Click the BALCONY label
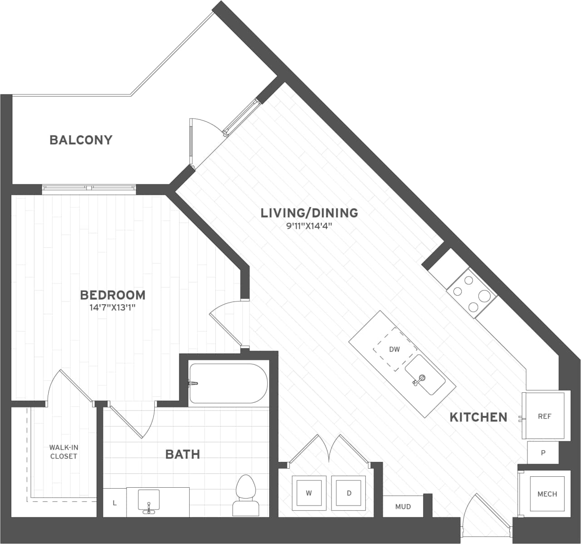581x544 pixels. (81, 140)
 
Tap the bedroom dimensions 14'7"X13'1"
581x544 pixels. (113, 308)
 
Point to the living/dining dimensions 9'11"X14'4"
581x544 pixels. (309, 226)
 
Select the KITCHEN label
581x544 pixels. (478, 417)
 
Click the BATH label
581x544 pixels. (182, 454)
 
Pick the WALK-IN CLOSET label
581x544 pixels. (64, 452)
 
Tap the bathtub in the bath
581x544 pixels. (228, 383)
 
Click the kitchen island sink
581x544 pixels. (425, 375)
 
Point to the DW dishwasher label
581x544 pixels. (394, 349)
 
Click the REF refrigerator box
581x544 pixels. (544, 416)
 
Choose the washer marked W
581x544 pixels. (309, 493)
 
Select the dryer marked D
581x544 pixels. (349, 493)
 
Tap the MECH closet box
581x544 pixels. (547, 494)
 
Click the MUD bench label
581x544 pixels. (403, 506)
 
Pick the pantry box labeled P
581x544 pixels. (543, 453)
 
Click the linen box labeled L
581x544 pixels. (115, 503)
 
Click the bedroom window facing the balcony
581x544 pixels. (89, 188)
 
